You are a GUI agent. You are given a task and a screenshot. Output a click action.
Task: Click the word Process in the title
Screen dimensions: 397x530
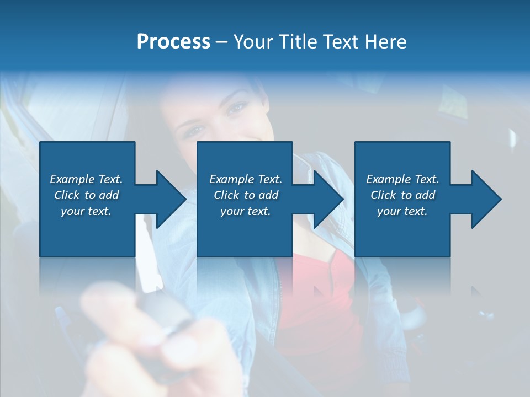pos(173,42)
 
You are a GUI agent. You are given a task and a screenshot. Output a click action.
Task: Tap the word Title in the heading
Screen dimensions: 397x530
pos(299,42)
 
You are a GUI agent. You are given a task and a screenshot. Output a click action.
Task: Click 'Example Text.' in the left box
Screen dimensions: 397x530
pos(86,179)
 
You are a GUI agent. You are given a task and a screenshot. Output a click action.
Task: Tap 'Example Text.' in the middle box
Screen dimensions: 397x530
pos(246,179)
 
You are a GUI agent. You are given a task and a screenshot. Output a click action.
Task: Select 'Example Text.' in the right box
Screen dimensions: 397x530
pos(402,179)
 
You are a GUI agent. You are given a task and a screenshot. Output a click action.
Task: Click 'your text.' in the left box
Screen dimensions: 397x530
pos(86,211)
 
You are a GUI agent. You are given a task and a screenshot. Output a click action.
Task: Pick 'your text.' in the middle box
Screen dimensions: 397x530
pos(246,211)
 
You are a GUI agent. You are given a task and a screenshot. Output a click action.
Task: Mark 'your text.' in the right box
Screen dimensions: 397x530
pos(402,211)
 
